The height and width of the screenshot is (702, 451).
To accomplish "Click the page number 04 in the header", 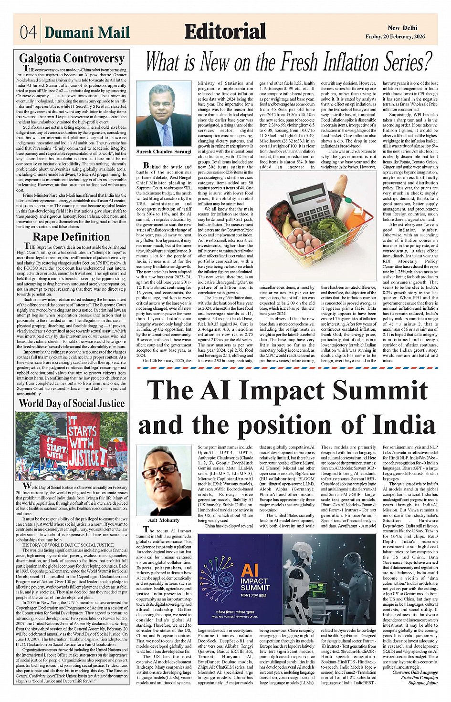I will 28,32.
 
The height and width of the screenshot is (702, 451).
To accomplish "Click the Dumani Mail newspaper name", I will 87,32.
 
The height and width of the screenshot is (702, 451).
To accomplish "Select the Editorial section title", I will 225,31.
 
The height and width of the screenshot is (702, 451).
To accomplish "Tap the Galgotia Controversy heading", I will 72,59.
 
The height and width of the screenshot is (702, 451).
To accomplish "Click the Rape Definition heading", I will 71,237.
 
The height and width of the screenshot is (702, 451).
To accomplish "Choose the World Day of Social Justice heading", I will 72,403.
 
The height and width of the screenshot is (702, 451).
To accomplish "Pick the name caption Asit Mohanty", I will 164,520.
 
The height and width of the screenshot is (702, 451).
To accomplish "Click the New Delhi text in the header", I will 402,28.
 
